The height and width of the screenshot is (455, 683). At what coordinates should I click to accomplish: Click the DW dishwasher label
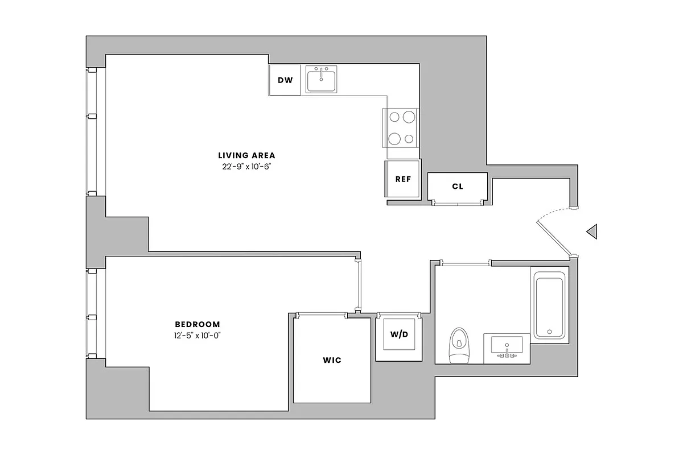tap(285, 80)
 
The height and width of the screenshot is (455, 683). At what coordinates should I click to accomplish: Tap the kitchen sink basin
tap(322, 80)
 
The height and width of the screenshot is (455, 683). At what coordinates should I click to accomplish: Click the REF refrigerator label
tap(403, 179)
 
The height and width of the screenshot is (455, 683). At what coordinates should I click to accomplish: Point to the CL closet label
tap(457, 186)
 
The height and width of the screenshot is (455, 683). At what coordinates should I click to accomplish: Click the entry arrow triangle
tap(592, 231)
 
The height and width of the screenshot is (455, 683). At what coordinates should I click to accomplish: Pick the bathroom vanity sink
tap(507, 347)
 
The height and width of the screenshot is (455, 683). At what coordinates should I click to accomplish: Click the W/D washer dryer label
tap(398, 334)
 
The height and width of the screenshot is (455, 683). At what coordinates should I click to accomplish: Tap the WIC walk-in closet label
tap(332, 361)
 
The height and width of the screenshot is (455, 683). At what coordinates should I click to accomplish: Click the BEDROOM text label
tap(197, 324)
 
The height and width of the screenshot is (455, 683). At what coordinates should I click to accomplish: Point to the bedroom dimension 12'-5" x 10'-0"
tap(197, 335)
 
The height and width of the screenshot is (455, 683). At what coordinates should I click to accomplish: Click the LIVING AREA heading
tap(246, 155)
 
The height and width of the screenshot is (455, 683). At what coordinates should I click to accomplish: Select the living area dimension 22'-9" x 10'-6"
tap(246, 166)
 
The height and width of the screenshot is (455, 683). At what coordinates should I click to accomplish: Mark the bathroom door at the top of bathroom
tap(466, 263)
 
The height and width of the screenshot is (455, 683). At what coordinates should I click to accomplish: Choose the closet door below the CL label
tap(457, 202)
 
